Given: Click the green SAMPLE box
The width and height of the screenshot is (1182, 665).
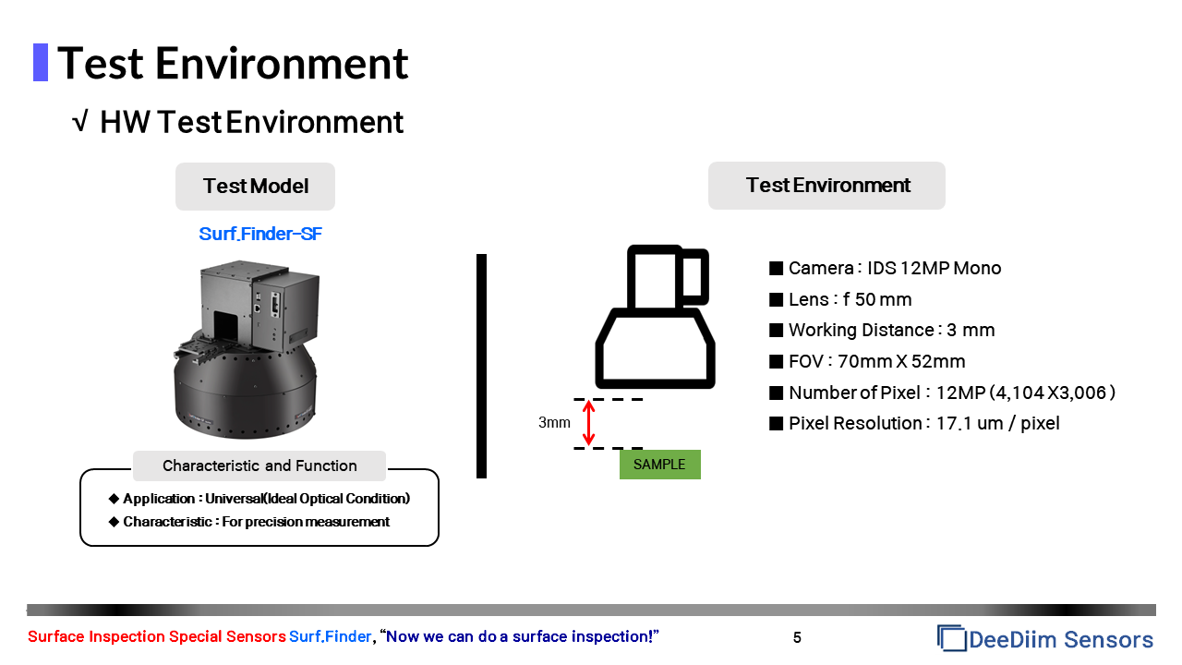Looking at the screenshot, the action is (660, 465).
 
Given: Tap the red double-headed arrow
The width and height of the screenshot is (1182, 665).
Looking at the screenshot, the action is (588, 422).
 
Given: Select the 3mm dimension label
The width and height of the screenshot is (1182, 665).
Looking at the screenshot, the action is (554, 422).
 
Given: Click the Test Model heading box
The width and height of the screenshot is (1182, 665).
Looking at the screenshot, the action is (256, 187).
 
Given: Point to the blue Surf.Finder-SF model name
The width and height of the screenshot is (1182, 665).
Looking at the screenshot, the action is (260, 234).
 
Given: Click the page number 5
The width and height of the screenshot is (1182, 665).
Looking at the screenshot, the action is (797, 637).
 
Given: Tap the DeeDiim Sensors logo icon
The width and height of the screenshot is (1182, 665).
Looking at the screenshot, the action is (951, 638).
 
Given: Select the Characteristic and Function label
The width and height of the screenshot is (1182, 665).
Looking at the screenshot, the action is (259, 465).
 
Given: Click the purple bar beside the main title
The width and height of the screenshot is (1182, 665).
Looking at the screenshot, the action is (41, 62).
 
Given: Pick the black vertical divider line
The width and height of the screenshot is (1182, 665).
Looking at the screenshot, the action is (481, 366).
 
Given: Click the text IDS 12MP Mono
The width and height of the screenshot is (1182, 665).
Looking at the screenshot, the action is (934, 268).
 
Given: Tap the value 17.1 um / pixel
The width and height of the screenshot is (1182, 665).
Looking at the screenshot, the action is (998, 423).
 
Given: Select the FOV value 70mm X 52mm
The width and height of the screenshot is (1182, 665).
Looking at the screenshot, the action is (901, 361).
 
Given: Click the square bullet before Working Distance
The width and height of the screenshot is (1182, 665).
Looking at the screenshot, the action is (777, 331).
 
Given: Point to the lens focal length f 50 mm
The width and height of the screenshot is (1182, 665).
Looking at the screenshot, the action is (877, 300).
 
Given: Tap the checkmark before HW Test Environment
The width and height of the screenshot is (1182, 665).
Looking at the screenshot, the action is (79, 121).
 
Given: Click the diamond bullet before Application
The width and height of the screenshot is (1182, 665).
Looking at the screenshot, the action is (114, 499).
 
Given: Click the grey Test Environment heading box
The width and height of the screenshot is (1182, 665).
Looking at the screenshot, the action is (826, 186).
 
